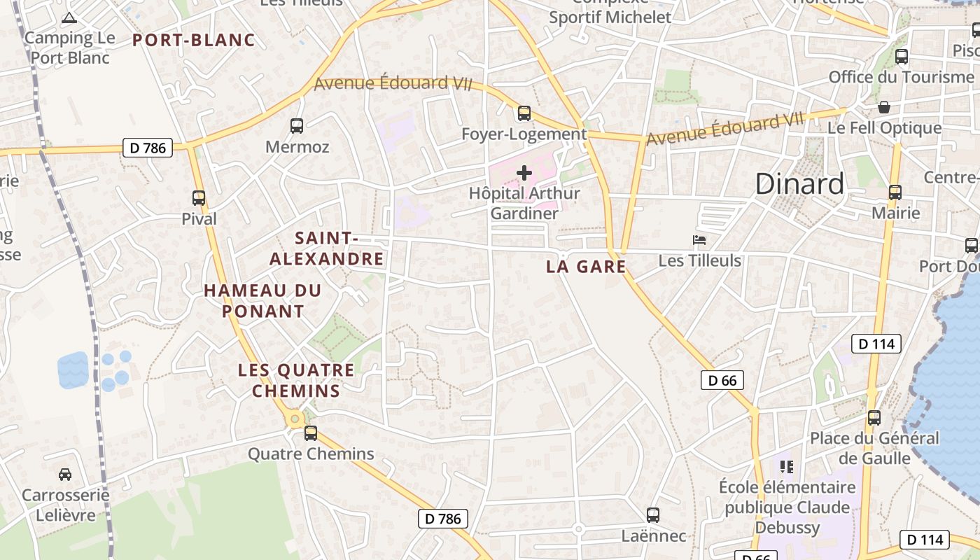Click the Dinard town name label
799,183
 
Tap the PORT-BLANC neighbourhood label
194,40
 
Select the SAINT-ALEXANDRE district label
327,248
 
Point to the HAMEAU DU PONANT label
262,300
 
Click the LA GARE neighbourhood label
586,267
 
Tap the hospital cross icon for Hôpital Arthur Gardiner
524,172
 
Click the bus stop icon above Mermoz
297,126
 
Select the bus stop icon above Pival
199,198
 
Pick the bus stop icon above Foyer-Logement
524,113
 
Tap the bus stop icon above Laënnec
653,515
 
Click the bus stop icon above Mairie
895,192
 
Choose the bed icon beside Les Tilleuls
699,240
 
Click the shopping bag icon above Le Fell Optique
884,107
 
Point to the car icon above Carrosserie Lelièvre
65,474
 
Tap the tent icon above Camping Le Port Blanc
69,17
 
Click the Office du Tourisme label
901,77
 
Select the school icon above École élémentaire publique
787,465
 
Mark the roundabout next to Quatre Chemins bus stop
295,419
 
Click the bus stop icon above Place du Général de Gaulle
874,418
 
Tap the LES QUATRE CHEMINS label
296,380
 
